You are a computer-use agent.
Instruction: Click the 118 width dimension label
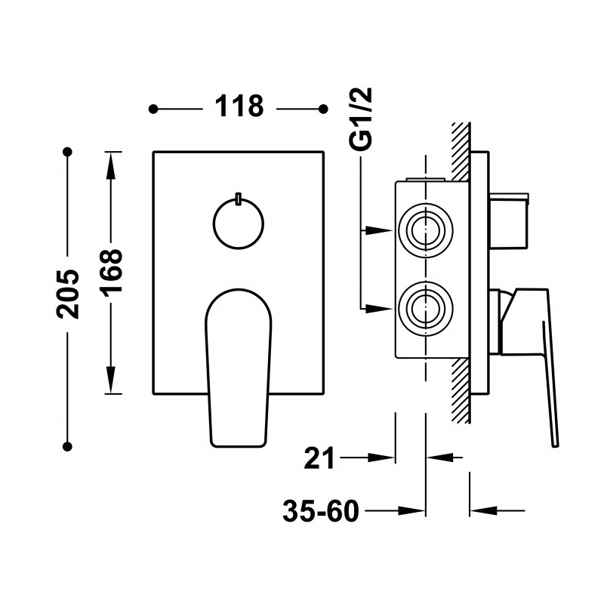(239, 106)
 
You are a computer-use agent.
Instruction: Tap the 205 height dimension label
(68, 294)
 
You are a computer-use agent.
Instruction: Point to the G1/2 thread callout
(361, 119)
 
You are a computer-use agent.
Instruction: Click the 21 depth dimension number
(319, 458)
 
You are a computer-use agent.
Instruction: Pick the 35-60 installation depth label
(320, 511)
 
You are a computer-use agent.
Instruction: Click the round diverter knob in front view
(239, 223)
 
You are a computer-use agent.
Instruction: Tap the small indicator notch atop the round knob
(239, 198)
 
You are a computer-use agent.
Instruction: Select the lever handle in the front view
(239, 368)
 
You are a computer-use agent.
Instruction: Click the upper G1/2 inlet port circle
(426, 231)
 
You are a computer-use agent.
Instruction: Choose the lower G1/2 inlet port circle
(426, 309)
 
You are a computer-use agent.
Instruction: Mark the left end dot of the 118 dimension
(153, 109)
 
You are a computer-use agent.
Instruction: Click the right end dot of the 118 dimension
(323, 109)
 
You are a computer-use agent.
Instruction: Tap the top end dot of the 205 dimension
(67, 152)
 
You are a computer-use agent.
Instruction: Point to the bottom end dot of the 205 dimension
(67, 447)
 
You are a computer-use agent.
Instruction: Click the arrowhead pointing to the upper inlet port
(379, 230)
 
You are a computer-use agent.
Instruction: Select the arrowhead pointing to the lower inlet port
(379, 309)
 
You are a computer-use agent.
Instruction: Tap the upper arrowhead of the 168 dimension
(111, 165)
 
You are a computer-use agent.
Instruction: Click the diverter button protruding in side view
(509, 220)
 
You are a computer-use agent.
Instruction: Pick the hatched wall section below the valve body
(461, 391)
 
